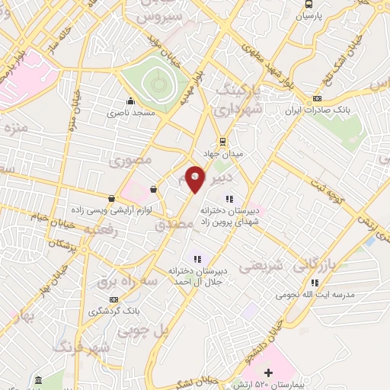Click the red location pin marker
tap(196, 178)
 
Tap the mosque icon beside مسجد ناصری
tap(131, 101)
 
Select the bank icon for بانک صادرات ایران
tap(317, 97)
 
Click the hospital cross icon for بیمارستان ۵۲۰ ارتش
tap(257, 372)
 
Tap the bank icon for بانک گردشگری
tap(114, 299)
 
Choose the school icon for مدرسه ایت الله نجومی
tap(315, 283)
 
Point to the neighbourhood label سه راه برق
tap(121, 282)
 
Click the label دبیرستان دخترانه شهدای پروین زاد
tap(227, 214)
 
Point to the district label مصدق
tap(171, 226)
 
